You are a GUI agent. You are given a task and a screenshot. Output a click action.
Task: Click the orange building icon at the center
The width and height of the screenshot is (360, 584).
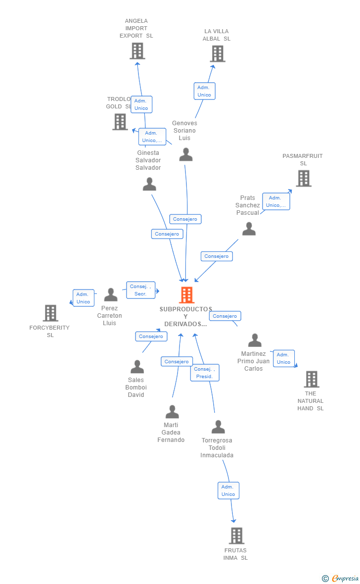[187, 295]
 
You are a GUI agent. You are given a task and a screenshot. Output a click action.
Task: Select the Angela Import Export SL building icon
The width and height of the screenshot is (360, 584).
[137, 51]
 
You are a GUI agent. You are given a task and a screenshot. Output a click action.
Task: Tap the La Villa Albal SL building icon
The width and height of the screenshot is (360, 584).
[218, 53]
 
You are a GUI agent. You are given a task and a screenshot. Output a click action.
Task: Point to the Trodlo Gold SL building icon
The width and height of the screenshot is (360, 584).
[120, 122]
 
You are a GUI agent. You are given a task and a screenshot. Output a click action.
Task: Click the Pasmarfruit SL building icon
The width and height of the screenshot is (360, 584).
[304, 178]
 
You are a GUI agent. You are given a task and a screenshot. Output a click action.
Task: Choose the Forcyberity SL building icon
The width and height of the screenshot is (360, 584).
[50, 313]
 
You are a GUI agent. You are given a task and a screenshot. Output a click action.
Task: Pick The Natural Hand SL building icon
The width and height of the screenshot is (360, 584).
[312, 379]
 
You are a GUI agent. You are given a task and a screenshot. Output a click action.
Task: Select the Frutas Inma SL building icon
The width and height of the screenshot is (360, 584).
[237, 535]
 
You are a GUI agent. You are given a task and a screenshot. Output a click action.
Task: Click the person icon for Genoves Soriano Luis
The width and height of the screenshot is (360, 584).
[186, 154]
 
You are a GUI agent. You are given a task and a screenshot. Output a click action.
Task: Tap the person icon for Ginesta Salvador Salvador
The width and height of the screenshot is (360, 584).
[150, 184]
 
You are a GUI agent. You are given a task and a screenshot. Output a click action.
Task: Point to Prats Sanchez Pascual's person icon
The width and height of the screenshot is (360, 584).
[249, 229]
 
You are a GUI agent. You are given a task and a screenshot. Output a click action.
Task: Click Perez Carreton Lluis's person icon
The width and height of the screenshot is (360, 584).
[111, 294]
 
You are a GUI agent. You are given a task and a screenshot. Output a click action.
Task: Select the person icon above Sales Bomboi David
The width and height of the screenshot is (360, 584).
[137, 367]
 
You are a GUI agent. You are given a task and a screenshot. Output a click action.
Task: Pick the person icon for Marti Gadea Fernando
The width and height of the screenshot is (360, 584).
[172, 412]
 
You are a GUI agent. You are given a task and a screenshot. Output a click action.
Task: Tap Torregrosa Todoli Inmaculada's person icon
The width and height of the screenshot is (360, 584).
[218, 427]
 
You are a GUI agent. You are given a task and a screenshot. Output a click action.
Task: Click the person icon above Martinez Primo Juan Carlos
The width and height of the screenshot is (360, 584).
[255, 340]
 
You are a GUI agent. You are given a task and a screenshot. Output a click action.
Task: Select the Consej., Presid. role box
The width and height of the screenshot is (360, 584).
[205, 373]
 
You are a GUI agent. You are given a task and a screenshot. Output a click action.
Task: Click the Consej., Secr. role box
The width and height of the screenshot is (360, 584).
[140, 290]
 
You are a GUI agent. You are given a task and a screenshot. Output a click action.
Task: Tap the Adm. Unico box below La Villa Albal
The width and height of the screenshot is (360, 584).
[204, 91]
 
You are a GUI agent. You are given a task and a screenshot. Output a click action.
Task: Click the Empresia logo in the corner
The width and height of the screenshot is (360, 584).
[341, 578]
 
